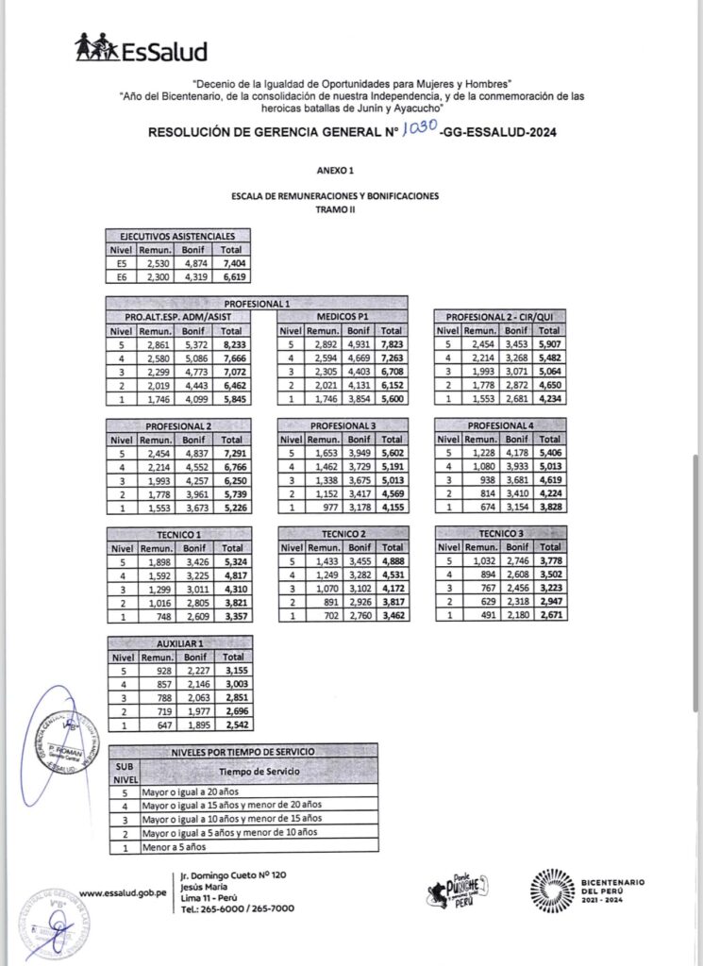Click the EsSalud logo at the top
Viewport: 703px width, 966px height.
142,49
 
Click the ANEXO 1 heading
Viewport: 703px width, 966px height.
337,172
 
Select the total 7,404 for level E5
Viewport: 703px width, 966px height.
231,266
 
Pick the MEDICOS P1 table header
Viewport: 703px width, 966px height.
343,316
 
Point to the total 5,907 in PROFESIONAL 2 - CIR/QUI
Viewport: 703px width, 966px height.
549,346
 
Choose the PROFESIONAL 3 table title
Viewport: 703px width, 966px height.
343,425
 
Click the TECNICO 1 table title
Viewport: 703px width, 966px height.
180,534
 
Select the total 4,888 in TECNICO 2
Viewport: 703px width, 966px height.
392,563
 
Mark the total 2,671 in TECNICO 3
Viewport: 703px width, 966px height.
549,616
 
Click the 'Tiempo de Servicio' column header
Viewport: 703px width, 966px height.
275,771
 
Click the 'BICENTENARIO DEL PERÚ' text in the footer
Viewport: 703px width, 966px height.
613,890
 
